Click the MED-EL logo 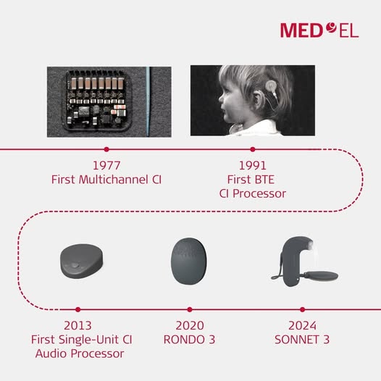click(319, 30)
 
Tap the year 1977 click(106, 166)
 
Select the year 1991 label click(253, 166)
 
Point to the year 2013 click(78, 326)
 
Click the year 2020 click(190, 326)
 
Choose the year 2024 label click(302, 326)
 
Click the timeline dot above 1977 click(106, 149)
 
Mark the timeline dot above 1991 click(253, 149)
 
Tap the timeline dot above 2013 click(78, 309)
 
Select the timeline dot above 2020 click(190, 309)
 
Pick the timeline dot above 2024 click(302, 309)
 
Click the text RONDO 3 click(190, 340)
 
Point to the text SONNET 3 click(302, 340)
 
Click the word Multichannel click(113, 180)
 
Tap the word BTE click(264, 180)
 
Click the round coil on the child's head click(271, 86)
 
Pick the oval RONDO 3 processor click(189, 261)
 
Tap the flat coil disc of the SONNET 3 click(320, 276)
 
